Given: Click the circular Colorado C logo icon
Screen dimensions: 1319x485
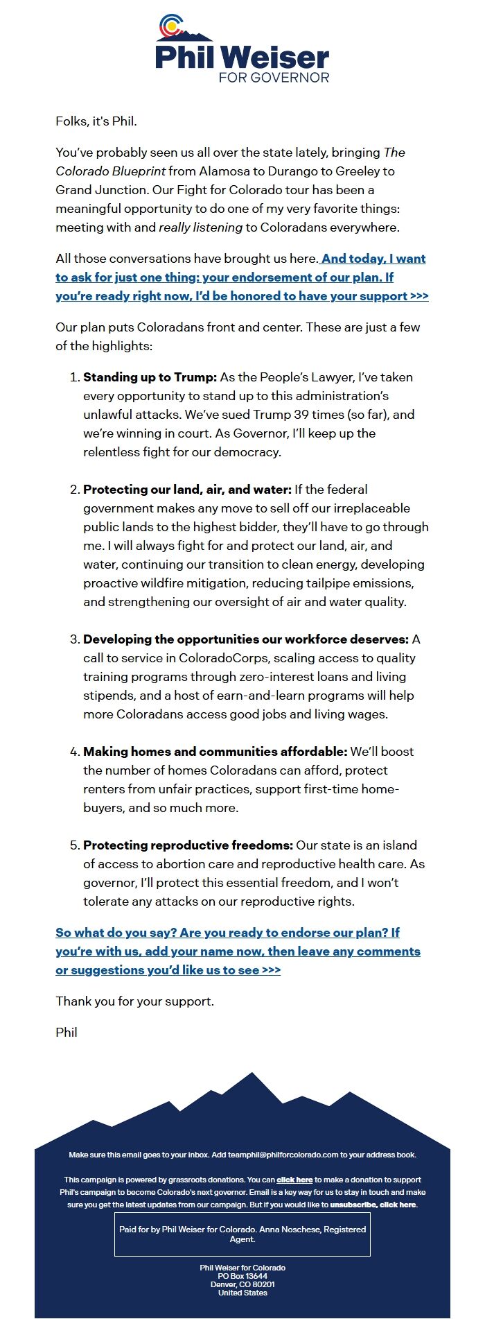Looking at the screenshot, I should [170, 26].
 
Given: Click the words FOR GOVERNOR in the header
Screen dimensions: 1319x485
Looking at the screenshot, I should [274, 77].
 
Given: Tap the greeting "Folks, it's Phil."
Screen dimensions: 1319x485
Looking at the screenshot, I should [96, 121].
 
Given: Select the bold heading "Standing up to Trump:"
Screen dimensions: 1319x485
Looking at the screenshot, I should [150, 377].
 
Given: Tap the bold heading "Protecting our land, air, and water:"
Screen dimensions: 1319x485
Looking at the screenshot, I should [187, 490].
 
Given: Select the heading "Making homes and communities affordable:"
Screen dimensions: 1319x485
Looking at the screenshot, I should [215, 752].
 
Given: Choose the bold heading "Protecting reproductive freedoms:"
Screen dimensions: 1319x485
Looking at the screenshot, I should [188, 845].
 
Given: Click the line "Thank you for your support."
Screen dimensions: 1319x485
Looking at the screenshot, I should [134, 1001].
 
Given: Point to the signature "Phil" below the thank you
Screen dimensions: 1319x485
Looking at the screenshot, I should [67, 1033].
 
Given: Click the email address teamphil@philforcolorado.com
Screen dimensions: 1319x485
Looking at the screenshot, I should [283, 1155].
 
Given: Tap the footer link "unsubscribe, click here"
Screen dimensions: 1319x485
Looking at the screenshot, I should [373, 1205].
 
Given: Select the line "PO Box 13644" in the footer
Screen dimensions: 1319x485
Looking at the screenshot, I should [242, 1276].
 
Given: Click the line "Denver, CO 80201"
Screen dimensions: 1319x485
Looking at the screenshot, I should [242, 1284].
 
